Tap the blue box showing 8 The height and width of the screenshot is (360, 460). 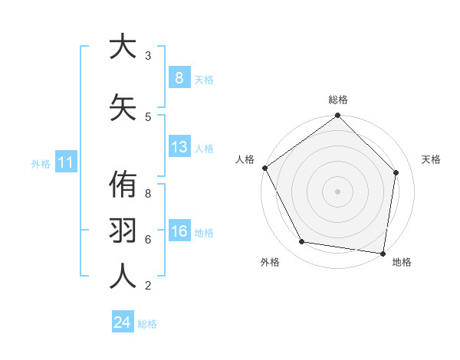pyautogui.click(x=179, y=78)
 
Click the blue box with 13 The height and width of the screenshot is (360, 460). pyautogui.click(x=179, y=147)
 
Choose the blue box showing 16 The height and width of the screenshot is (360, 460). pyautogui.click(x=179, y=231)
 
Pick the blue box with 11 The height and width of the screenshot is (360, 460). pyautogui.click(x=65, y=162)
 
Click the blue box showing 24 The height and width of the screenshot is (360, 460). pyautogui.click(x=122, y=322)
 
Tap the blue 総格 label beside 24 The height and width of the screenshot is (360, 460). pyautogui.click(x=147, y=324)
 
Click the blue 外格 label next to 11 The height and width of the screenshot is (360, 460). pyautogui.click(x=40, y=163)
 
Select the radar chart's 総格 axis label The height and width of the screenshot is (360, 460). pyautogui.click(x=337, y=100)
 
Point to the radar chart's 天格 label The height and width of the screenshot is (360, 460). pyautogui.click(x=431, y=159)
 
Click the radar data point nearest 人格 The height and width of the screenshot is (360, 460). pyautogui.click(x=264, y=168)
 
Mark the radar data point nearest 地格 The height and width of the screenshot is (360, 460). pyautogui.click(x=383, y=253)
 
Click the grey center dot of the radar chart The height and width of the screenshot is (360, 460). pyautogui.click(x=337, y=191)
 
